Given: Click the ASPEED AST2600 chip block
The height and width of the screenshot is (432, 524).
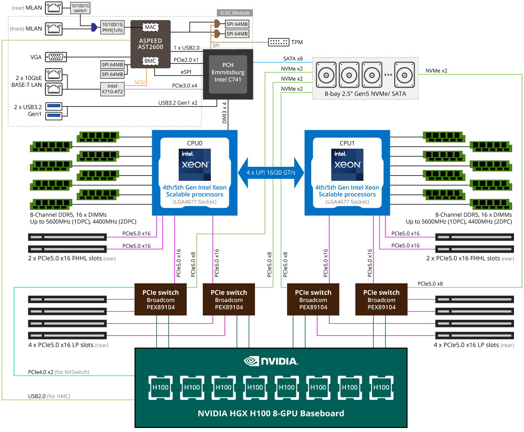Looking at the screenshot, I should pyautogui.click(x=151, y=44).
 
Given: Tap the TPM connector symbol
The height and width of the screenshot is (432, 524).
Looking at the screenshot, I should pyautogui.click(x=278, y=42).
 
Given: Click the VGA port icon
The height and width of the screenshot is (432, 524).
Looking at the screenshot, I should pyautogui.click(x=56, y=57).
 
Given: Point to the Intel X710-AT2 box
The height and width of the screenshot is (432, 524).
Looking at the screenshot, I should pyautogui.click(x=112, y=89).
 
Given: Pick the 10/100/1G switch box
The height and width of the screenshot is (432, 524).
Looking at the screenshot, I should pyautogui.click(x=80, y=8).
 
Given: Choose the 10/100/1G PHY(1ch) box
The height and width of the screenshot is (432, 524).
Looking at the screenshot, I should pyautogui.click(x=112, y=27).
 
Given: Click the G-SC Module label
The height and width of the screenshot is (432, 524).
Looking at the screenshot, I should pyautogui.click(x=234, y=13).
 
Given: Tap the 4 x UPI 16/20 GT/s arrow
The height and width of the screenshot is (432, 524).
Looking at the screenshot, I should pyautogui.click(x=271, y=173).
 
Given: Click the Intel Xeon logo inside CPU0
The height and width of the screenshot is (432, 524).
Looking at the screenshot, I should pyautogui.click(x=195, y=165).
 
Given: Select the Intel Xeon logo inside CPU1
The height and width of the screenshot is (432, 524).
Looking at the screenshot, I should pyautogui.click(x=347, y=165).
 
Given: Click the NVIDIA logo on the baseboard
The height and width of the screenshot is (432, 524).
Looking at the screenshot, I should pyautogui.click(x=271, y=361).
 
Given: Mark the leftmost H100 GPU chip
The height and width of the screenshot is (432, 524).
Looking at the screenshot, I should pyautogui.click(x=161, y=387).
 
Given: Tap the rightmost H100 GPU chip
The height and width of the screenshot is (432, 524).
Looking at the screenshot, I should pyautogui.click(x=381, y=387).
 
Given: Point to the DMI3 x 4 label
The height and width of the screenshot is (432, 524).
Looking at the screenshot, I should pyautogui.click(x=224, y=113).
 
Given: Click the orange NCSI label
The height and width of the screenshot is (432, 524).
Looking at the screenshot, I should pyautogui.click(x=140, y=82).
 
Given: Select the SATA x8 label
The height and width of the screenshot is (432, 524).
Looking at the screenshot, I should pyautogui.click(x=293, y=59).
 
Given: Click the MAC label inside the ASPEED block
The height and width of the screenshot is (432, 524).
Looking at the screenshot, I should pyautogui.click(x=151, y=27).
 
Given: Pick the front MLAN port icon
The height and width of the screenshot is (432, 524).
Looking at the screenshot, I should pyautogui.click(x=54, y=29).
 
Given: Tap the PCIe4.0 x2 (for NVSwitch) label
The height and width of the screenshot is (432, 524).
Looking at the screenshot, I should pyautogui.click(x=59, y=372).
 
